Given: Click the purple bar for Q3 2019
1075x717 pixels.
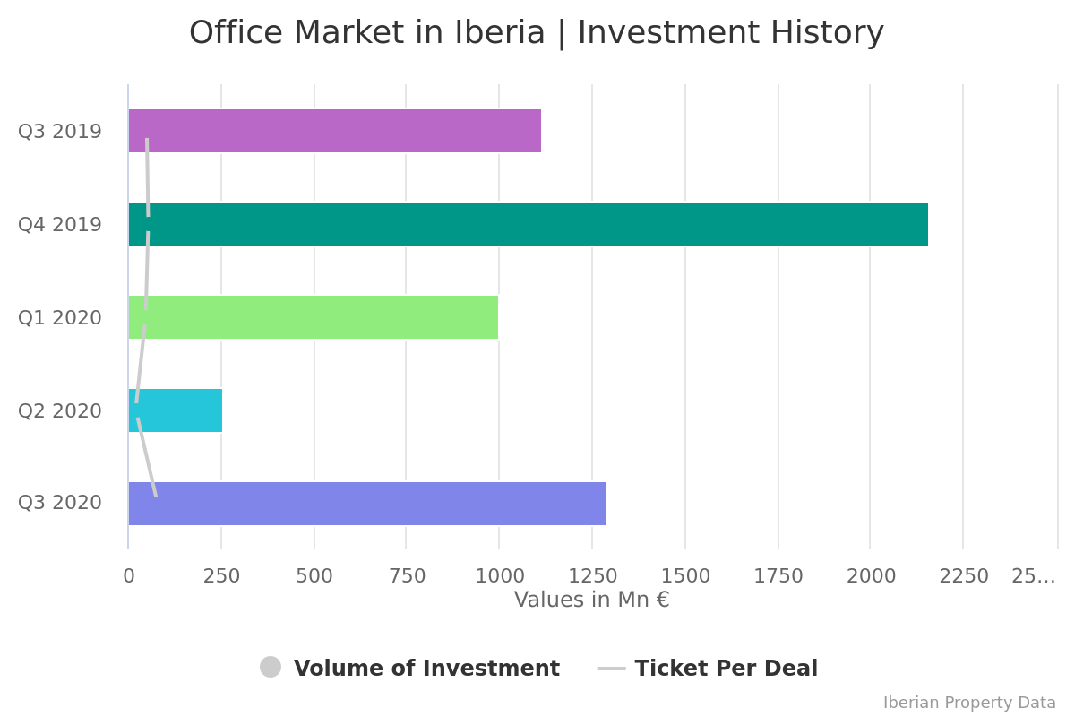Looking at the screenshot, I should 340,131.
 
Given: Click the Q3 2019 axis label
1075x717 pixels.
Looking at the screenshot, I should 60,132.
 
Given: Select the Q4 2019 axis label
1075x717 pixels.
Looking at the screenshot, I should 60,225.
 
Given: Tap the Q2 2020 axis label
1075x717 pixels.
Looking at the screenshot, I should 60,411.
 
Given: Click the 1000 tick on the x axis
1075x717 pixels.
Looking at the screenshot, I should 499,576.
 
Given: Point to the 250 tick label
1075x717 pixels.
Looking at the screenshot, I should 221,576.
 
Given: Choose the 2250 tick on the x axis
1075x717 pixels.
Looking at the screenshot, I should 963,576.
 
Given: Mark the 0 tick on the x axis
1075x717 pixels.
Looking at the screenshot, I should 129,576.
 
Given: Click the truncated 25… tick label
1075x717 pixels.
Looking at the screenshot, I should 1033,576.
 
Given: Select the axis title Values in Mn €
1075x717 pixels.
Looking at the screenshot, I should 591,600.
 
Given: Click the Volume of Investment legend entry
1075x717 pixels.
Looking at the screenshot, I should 426,669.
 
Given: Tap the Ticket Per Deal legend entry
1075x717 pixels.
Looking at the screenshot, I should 726,669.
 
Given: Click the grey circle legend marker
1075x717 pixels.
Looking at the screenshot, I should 271,667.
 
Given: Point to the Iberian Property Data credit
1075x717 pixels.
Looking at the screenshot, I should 969,703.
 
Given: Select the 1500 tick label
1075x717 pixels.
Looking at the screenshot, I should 684,576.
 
